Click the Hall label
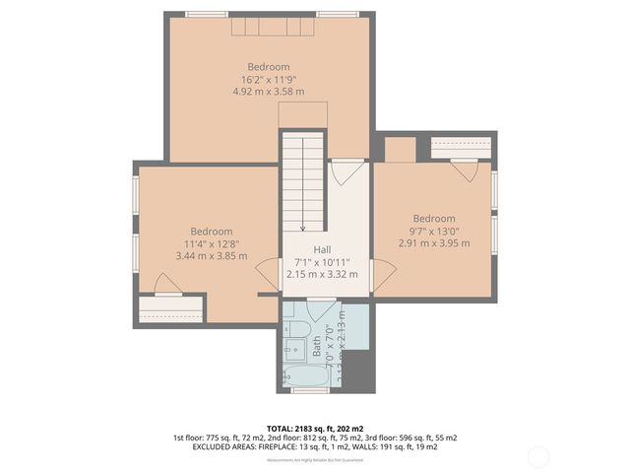click(322, 250)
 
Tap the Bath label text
click(317, 346)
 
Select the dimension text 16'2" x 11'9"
click(268, 79)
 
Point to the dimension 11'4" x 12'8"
click(211, 243)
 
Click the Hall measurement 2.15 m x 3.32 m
click(322, 275)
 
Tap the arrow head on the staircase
click(302, 226)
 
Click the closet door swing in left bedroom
click(168, 285)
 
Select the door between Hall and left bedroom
click(267, 274)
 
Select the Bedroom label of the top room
click(268, 66)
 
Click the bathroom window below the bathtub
click(310, 391)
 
